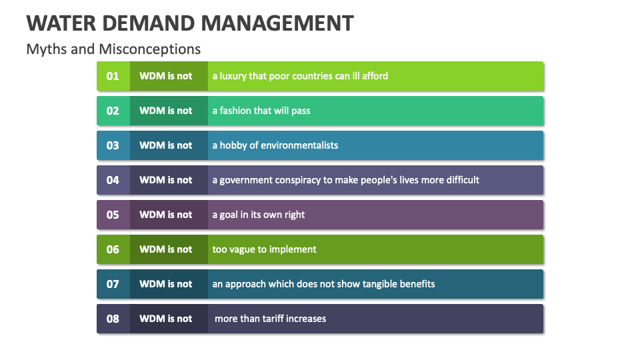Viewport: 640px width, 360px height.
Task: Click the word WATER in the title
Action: pos(61,23)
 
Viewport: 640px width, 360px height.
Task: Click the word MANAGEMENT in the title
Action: pos(277,23)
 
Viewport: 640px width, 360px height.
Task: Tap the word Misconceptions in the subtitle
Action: pos(150,49)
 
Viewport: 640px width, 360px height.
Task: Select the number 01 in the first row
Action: pos(113,76)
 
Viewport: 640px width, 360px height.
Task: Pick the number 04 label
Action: pos(113,181)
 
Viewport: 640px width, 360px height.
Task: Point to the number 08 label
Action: pos(113,319)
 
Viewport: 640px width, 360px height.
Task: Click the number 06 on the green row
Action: pos(113,250)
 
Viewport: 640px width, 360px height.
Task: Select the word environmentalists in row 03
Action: pos(299,146)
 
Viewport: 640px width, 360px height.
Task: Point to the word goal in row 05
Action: pos(229,215)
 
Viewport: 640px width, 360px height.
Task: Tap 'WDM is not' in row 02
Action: pos(166,111)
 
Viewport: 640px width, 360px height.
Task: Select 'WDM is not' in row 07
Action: pos(166,284)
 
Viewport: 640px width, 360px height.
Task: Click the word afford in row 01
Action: pos(375,76)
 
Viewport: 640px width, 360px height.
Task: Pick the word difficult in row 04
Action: pos(463,180)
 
